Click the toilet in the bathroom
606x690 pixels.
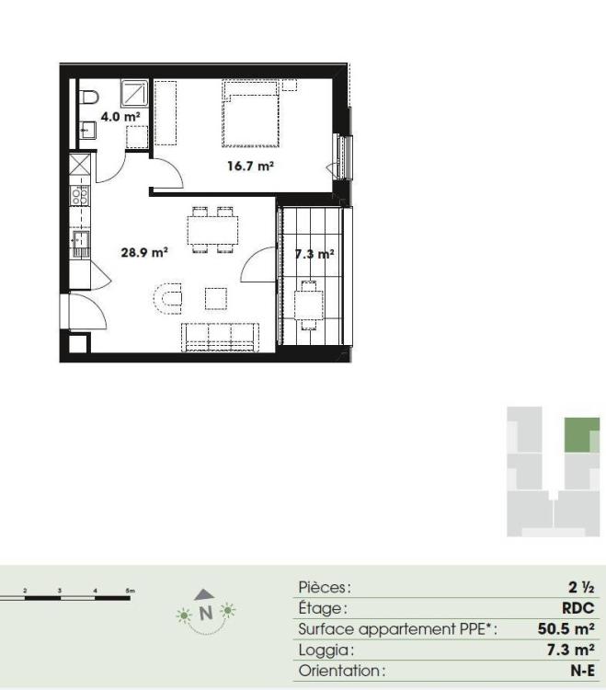coord(89,98)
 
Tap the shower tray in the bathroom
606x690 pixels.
coord(134,93)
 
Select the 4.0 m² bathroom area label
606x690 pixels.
coord(120,117)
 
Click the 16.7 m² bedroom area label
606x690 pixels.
coord(251,166)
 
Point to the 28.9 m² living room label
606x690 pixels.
coord(144,252)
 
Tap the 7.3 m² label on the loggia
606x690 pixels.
coord(314,254)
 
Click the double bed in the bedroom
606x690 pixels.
coord(251,113)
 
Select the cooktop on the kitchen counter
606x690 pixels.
coord(80,194)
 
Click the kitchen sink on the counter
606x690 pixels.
coord(81,244)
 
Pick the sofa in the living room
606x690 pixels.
coord(220,337)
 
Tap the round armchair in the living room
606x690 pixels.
coord(168,298)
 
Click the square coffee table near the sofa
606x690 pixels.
coord(216,298)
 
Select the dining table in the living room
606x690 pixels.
coord(212,230)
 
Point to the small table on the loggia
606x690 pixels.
coord(309,305)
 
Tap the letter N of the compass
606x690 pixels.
coord(206,613)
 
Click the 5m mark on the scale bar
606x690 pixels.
coord(131,591)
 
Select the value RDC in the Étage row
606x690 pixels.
coord(577,608)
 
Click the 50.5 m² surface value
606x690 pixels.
coord(566,628)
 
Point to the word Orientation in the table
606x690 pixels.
coord(339,671)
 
